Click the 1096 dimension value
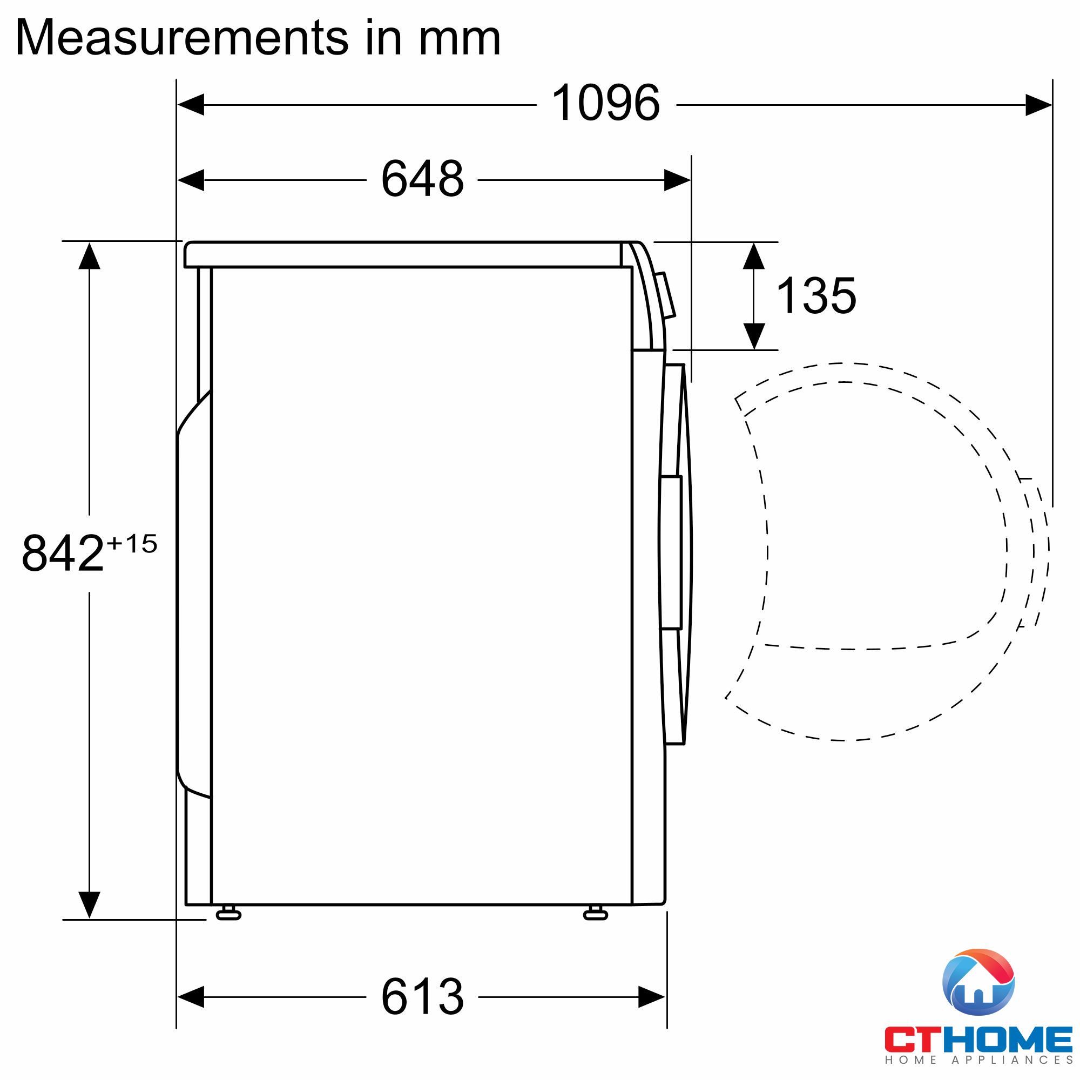coord(605,102)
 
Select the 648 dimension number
coord(422,178)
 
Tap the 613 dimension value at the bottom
coord(422,997)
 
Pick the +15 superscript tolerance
coord(132,543)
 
